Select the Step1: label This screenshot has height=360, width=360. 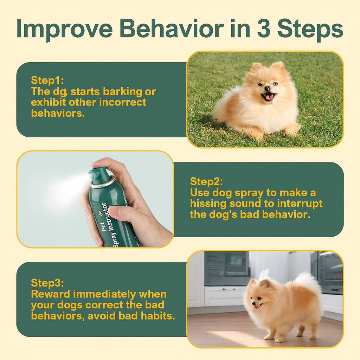47,81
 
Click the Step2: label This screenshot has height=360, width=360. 206,181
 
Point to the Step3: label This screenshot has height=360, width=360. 47,283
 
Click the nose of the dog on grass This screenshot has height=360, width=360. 267,88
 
